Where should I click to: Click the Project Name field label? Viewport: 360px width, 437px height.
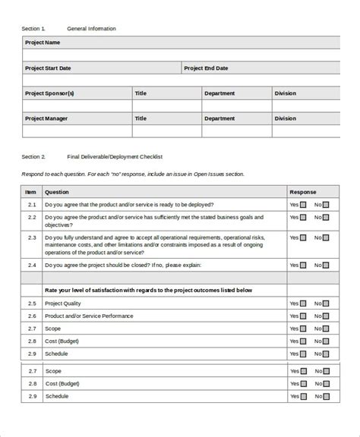tap(43, 43)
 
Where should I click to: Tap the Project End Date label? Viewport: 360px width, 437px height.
tap(205, 68)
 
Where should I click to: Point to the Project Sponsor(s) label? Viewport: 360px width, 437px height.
tap(49, 93)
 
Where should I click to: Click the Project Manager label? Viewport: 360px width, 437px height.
tap(47, 118)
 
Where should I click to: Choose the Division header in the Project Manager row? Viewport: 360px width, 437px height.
tap(285, 118)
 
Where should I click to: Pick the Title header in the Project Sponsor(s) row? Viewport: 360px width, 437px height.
tap(141, 93)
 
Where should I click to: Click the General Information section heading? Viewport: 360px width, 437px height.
tap(91, 28)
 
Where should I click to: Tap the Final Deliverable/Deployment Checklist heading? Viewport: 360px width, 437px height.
tap(115, 157)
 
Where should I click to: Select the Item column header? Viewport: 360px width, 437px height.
tap(31, 192)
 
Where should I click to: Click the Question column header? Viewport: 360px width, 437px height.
tap(57, 192)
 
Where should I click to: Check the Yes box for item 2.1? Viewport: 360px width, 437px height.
tap(303, 205)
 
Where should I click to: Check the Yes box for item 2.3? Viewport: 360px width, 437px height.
tap(303, 237)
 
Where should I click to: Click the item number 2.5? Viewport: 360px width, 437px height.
tap(31, 303)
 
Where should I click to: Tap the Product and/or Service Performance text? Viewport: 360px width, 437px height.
tap(89, 316)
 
